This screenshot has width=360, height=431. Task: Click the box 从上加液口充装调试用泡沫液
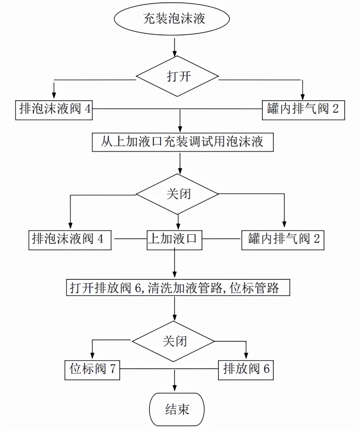(182, 142)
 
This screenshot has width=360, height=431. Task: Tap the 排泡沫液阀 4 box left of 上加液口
(70, 239)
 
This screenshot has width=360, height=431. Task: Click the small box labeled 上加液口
(175, 239)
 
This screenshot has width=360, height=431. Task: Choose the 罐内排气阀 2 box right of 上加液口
(282, 239)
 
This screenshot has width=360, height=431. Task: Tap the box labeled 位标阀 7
(92, 369)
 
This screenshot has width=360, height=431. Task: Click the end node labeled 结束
(177, 409)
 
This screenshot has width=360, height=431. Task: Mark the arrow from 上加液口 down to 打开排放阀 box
(175, 264)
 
